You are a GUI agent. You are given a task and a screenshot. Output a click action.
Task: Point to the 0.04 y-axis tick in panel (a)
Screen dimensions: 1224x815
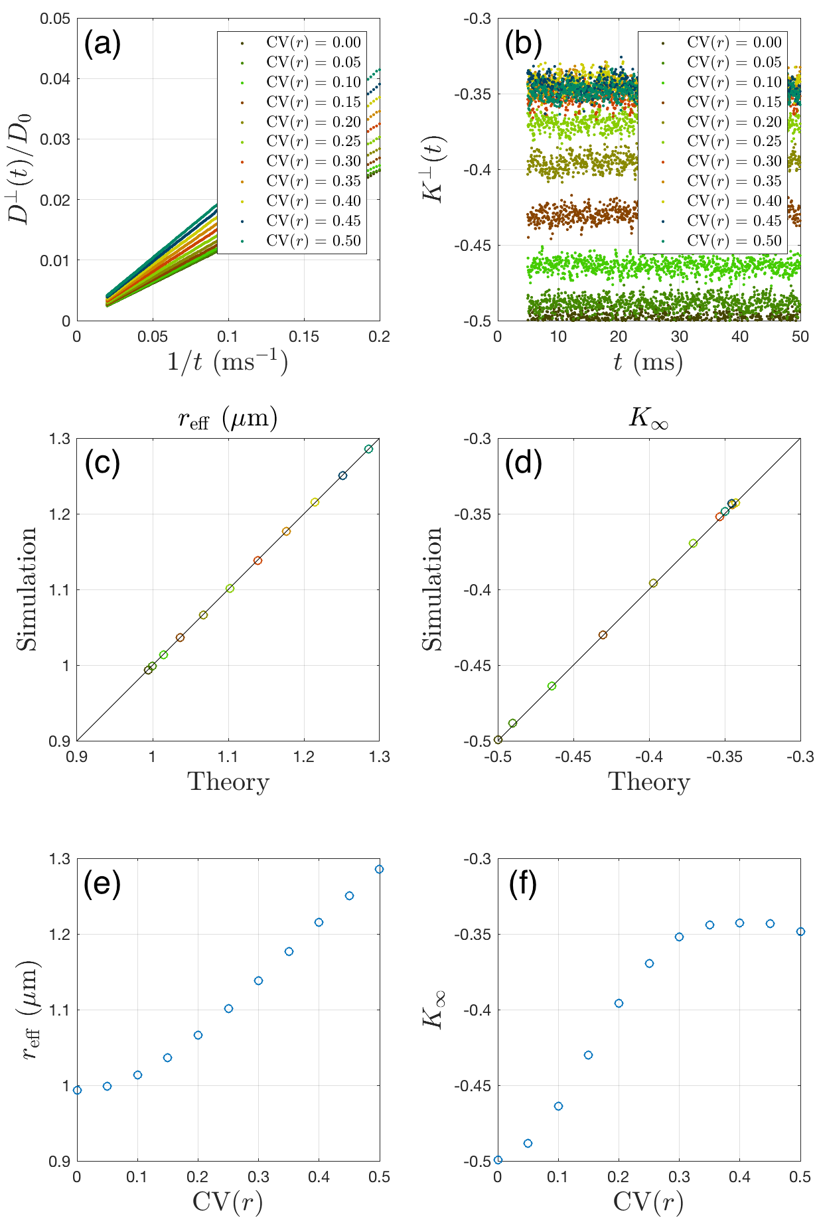pyautogui.click(x=55, y=79)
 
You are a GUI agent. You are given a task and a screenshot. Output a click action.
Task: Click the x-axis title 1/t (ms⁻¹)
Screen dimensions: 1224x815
pyautogui.click(x=228, y=362)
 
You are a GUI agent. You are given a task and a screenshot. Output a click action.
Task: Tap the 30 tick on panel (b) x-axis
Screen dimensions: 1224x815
pyautogui.click(x=679, y=337)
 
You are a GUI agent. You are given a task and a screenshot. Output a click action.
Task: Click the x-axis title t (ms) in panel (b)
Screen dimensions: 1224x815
pyautogui.click(x=648, y=362)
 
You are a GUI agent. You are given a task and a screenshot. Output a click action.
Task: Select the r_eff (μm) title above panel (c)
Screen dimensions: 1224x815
pyautogui.click(x=228, y=418)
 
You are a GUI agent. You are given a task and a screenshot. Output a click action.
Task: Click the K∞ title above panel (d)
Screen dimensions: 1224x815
pyautogui.click(x=648, y=418)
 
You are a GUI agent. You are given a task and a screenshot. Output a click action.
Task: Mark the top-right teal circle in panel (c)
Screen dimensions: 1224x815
pyautogui.click(x=368, y=449)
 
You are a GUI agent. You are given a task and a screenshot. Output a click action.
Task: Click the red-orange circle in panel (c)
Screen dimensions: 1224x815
pyautogui.click(x=258, y=561)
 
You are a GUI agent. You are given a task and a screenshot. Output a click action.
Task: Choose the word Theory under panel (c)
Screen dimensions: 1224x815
pyautogui.click(x=228, y=782)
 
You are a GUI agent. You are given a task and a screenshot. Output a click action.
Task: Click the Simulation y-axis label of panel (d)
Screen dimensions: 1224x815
pyautogui.click(x=432, y=589)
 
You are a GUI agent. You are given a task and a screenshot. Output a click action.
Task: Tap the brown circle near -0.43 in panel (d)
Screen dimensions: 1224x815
pyautogui.click(x=603, y=635)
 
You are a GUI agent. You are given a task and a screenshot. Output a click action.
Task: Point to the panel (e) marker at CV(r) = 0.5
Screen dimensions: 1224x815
pyautogui.click(x=379, y=870)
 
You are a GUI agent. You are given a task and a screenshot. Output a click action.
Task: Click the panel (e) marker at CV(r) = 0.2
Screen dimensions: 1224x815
pyautogui.click(x=198, y=1035)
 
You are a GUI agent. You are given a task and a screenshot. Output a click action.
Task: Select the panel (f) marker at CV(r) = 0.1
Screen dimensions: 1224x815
pyautogui.click(x=558, y=1107)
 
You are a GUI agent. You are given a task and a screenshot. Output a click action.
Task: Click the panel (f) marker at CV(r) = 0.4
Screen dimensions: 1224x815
pyautogui.click(x=739, y=923)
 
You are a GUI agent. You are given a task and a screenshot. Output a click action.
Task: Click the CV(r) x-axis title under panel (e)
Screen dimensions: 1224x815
pyautogui.click(x=228, y=1202)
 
